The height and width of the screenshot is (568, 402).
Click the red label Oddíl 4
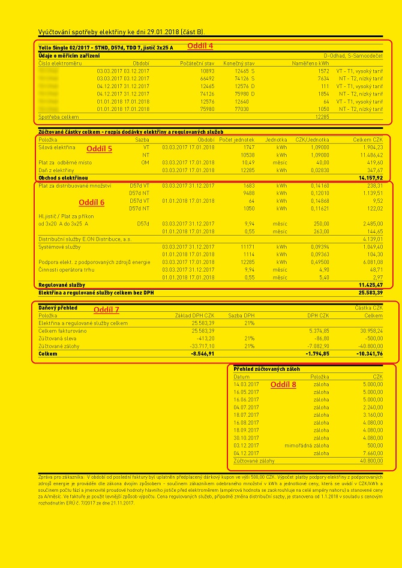coord(200,46)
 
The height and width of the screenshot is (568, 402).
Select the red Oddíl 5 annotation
coord(99,148)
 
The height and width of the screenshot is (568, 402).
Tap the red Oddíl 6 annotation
coord(92,203)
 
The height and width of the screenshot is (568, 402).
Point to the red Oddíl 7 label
coord(106,309)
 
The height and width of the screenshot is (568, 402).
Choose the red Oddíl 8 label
coord(283,384)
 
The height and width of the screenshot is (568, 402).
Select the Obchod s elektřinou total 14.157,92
coord(370,178)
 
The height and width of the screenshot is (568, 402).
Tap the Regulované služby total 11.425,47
coord(370,285)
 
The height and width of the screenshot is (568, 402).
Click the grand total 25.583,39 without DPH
coord(370,293)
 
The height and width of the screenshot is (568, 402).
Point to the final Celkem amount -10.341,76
coord(369,354)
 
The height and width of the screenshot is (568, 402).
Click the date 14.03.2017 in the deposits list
coord(246,384)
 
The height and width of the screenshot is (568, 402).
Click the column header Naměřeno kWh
coord(311,63)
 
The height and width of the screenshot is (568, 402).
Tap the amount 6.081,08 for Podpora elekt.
coord(370,262)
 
